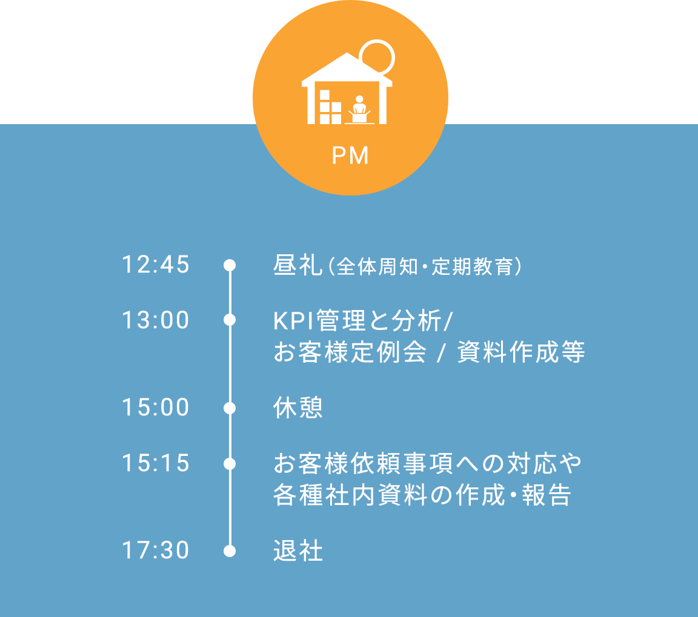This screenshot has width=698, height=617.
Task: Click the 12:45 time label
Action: click(x=156, y=265)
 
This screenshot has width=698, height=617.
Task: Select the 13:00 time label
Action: click(x=156, y=320)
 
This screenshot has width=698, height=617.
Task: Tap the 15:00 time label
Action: click(x=156, y=407)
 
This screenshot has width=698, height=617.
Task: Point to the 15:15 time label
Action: click(x=156, y=463)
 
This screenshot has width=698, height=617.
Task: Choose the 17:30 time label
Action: click(x=156, y=550)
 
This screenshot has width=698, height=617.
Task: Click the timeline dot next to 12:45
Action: click(x=230, y=265)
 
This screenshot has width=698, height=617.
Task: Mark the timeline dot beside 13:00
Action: click(x=230, y=320)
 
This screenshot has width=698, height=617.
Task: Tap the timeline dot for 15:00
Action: click(x=230, y=408)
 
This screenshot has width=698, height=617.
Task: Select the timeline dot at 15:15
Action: click(x=230, y=464)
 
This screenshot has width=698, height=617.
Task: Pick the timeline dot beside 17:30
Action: click(x=230, y=551)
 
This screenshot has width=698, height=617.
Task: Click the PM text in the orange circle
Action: click(x=350, y=156)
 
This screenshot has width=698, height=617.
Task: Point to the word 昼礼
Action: click(x=298, y=265)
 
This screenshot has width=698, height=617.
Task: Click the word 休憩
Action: click(x=298, y=407)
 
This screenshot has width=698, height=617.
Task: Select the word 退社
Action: click(x=298, y=551)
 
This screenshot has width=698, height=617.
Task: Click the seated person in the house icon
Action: click(x=359, y=109)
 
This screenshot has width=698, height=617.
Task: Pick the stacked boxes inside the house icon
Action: click(x=330, y=107)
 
